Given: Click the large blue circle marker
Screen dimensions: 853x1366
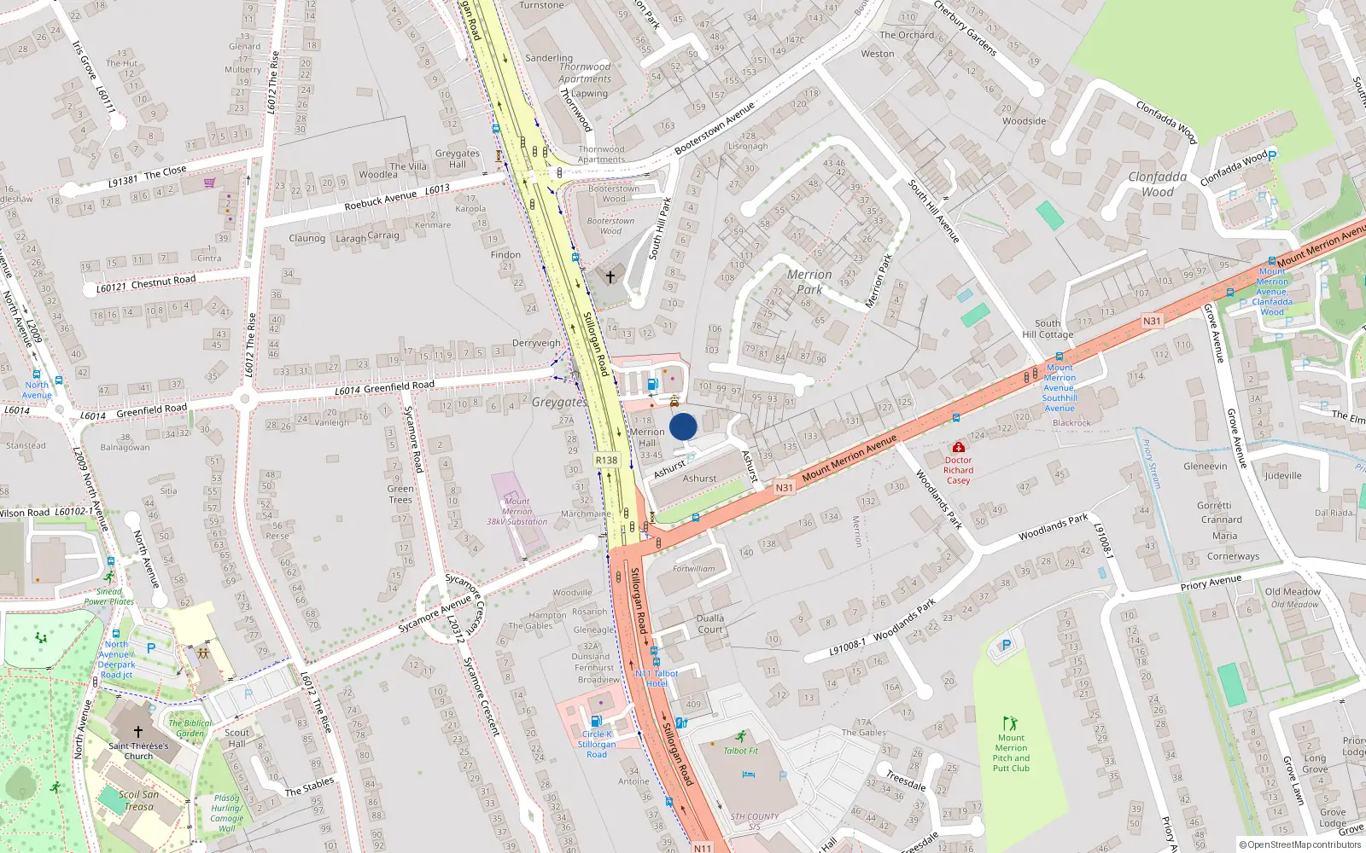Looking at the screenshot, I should (x=683, y=426).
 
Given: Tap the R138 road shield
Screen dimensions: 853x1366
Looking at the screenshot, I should (x=606, y=460).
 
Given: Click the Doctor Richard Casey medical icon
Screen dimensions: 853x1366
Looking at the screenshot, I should (x=959, y=447).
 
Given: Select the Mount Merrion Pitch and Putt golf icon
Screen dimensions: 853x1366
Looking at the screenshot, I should (x=1010, y=723).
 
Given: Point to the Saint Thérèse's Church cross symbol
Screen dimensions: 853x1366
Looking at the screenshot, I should (x=138, y=732).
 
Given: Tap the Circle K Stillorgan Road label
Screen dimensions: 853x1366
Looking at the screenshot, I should (x=597, y=744).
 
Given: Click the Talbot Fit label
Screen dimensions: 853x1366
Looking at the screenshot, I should (x=740, y=751).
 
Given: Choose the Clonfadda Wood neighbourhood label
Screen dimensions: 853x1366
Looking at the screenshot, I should (x=1158, y=184).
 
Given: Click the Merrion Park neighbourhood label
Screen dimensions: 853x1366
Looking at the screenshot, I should (x=809, y=281).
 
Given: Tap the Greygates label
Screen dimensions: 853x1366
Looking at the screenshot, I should (x=559, y=402).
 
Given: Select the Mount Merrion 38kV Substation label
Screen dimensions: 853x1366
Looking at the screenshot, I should (x=517, y=511).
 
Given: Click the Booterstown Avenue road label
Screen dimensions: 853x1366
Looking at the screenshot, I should (x=715, y=129).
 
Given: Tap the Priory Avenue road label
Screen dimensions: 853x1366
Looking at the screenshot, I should (x=1211, y=582).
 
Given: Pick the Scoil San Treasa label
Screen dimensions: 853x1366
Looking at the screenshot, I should (x=138, y=800).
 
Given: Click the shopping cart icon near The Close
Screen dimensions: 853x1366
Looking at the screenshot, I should (x=210, y=183).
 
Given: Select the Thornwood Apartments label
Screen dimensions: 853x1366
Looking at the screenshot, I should (x=586, y=73).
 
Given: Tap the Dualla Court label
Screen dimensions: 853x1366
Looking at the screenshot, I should (x=710, y=624).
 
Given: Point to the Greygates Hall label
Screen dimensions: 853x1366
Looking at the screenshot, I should (x=458, y=159).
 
